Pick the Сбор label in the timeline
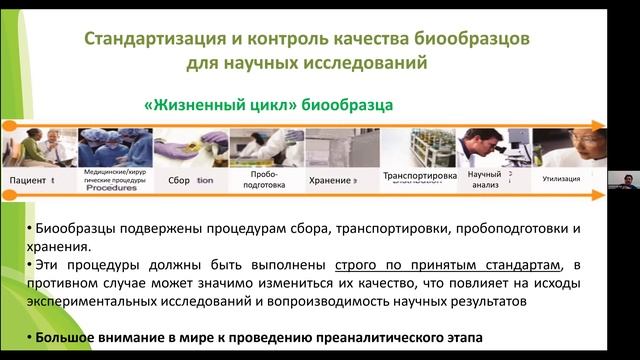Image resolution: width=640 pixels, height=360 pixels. [x=179, y=180]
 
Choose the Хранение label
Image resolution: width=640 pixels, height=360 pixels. [x=330, y=180]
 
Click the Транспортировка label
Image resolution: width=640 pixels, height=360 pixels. [x=420, y=176]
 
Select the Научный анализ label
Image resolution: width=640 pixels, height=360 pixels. [x=484, y=179]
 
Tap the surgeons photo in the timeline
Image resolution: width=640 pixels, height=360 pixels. [x=111, y=147]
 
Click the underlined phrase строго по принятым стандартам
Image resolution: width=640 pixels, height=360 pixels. [x=445, y=264]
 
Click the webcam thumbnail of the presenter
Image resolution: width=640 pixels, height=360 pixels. [x=623, y=179]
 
